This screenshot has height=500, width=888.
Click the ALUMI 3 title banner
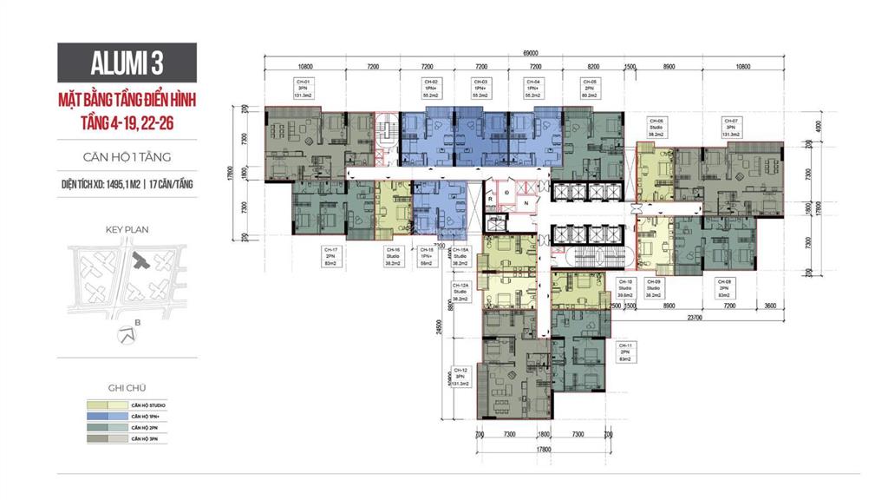pyautogui.click(x=127, y=63)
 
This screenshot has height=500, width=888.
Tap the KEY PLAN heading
pyautogui.click(x=127, y=230)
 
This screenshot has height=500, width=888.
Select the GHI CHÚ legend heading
pyautogui.click(x=127, y=388)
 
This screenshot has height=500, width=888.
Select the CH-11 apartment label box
pyautogui.click(x=624, y=352)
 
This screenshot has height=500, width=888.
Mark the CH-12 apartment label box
pyautogui.click(x=460, y=377)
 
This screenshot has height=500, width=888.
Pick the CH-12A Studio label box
pyautogui.click(x=460, y=292)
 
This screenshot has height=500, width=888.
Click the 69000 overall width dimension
pyautogui.click(x=531, y=52)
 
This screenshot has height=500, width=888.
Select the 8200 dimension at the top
pyautogui.click(x=593, y=66)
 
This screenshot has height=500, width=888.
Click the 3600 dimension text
pyautogui.click(x=771, y=306)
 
